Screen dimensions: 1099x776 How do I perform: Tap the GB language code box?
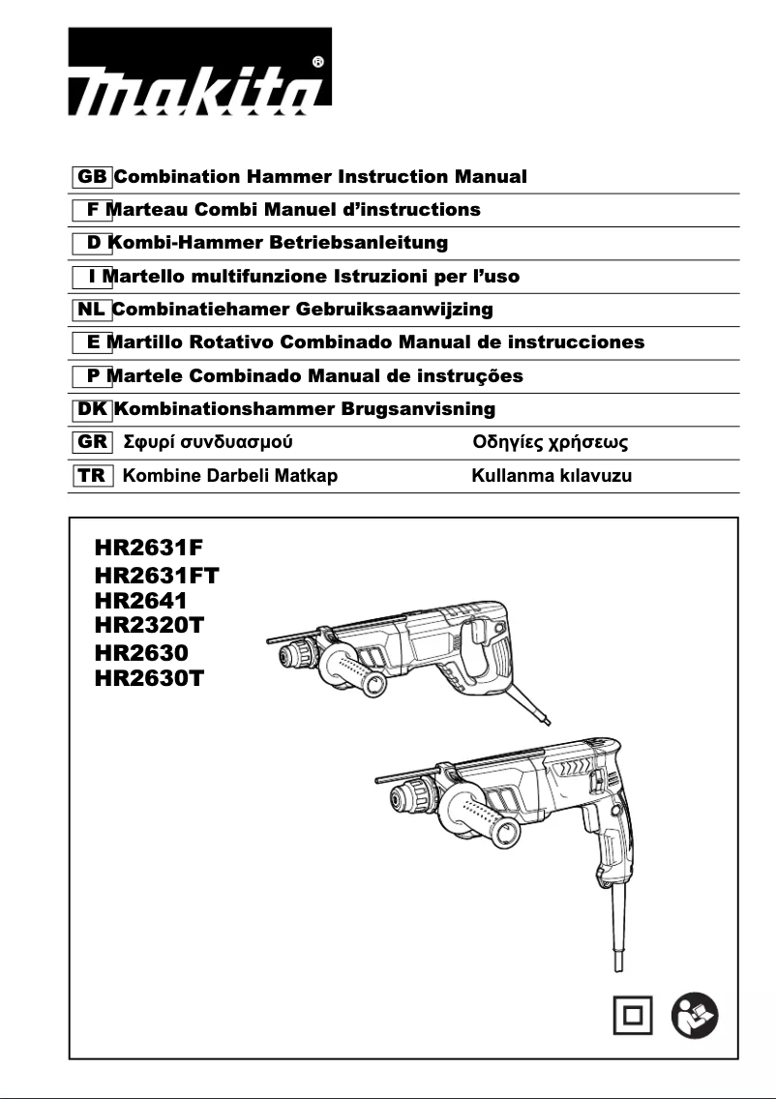pyautogui.click(x=92, y=177)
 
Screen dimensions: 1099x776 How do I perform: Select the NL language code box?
pyautogui.click(x=92, y=310)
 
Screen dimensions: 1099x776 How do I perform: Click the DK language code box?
pyautogui.click(x=92, y=409)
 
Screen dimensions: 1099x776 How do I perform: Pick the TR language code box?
pyautogui.click(x=92, y=475)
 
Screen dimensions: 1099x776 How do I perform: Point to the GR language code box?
pyautogui.click(x=92, y=443)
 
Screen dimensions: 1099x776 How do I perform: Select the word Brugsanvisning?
pyautogui.click(x=418, y=409)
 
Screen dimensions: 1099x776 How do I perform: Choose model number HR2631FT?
pyautogui.click(x=157, y=577)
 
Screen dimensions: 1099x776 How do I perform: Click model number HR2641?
pyautogui.click(x=141, y=601)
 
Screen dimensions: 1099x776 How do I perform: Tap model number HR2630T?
pyautogui.click(x=149, y=677)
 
